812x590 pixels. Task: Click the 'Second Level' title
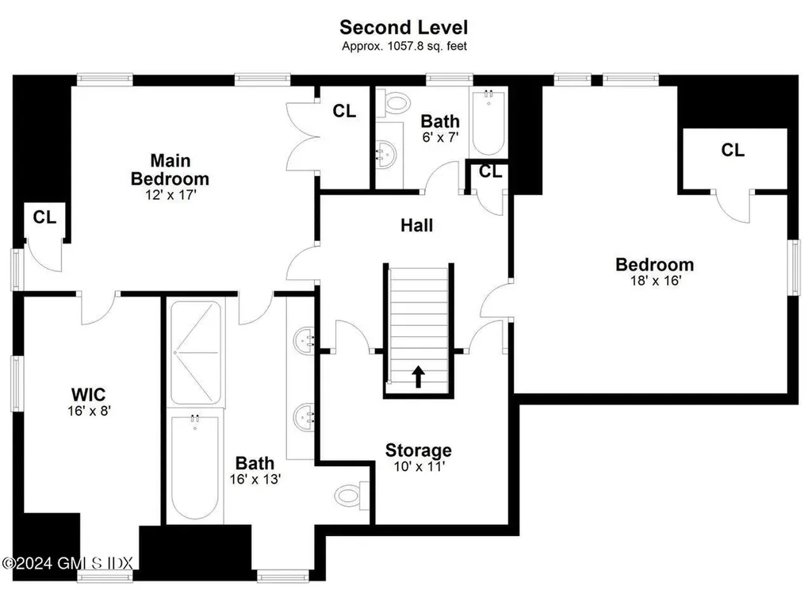(x=404, y=27)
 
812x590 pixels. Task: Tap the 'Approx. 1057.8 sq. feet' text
(x=404, y=46)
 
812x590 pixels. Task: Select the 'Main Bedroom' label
(x=170, y=169)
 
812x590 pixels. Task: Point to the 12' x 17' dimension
(x=170, y=193)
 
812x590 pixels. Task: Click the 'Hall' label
(x=416, y=226)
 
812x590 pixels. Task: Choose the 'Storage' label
(x=419, y=451)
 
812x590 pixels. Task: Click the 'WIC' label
(x=88, y=394)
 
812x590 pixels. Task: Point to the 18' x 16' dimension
(x=654, y=280)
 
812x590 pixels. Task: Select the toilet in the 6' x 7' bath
(x=395, y=103)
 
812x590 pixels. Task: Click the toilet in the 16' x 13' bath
(x=350, y=496)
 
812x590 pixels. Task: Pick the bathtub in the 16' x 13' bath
(x=195, y=468)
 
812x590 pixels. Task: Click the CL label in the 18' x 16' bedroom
(x=733, y=150)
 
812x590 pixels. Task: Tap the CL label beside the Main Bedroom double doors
(x=344, y=111)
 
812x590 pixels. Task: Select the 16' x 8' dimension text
(x=88, y=412)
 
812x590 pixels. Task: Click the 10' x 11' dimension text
(x=419, y=468)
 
